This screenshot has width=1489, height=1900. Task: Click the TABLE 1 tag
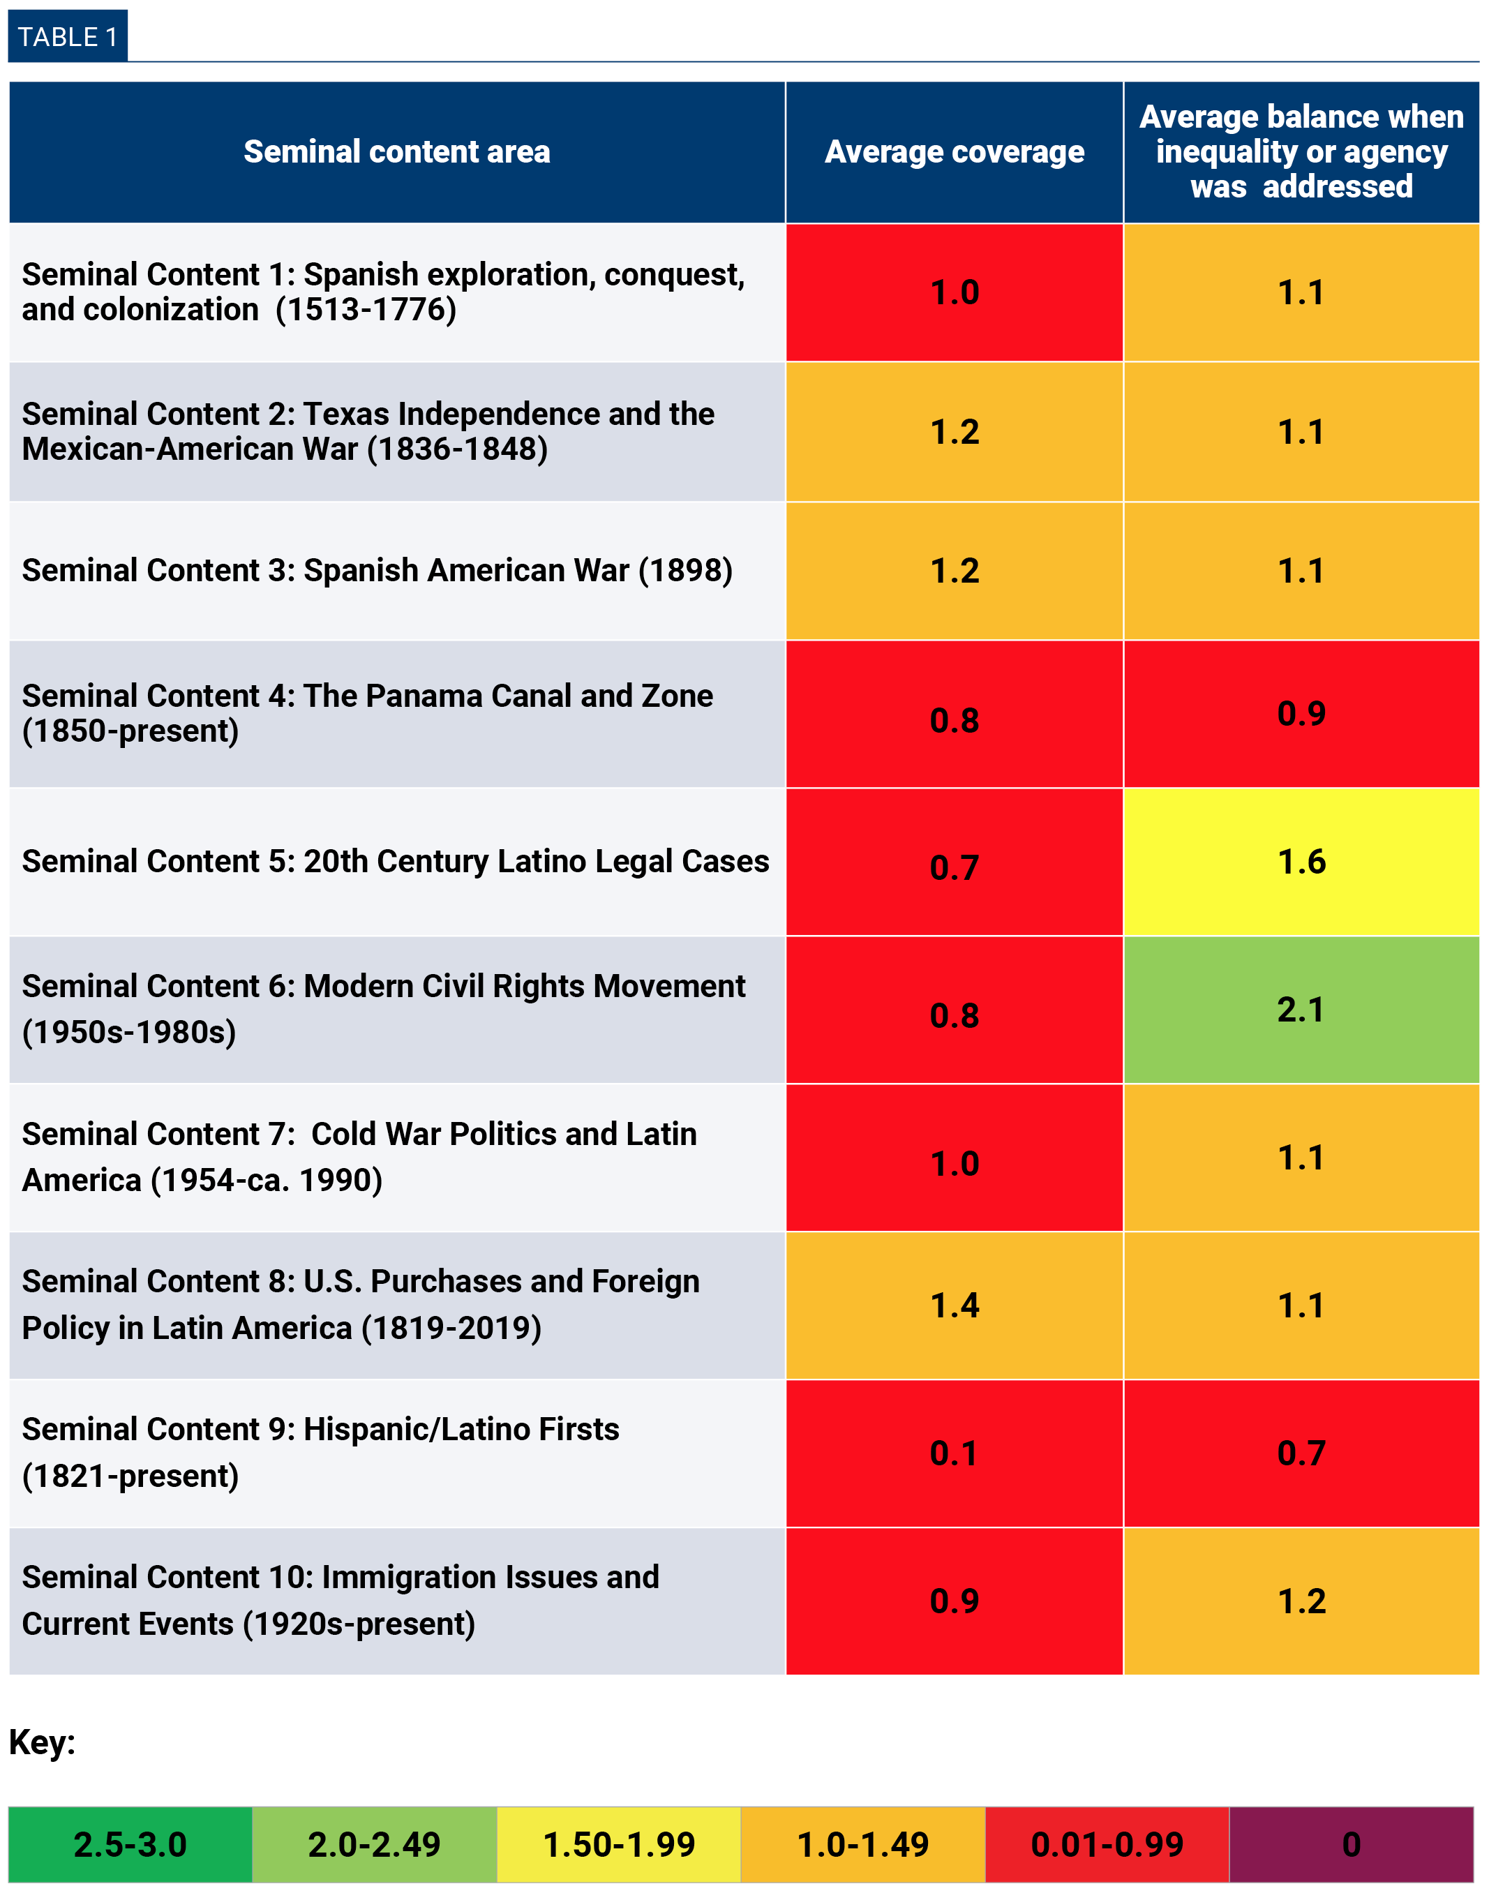coord(67,36)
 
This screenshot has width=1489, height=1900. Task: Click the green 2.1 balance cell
coord(1301,1009)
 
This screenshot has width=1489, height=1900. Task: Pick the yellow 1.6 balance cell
coord(1301,862)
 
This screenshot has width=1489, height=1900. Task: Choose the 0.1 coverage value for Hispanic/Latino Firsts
coord(954,1453)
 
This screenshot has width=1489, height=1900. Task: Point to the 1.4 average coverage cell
coord(954,1305)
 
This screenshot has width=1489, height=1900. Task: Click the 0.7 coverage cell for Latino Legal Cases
coord(954,867)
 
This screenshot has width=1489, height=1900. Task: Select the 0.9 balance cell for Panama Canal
coord(1301,714)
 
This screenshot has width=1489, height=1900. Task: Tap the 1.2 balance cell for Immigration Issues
coord(1301,1601)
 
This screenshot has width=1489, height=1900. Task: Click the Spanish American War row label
coord(377,571)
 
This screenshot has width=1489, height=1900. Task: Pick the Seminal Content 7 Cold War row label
coord(359,1157)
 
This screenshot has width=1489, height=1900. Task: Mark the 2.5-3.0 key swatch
coord(130,1844)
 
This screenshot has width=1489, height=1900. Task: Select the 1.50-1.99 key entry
coord(618,1844)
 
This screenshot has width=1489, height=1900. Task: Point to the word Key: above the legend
coord(42,1742)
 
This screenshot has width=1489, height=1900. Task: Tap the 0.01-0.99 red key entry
coord(1107,1844)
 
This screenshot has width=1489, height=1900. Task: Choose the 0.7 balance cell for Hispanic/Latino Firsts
coord(1301,1453)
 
